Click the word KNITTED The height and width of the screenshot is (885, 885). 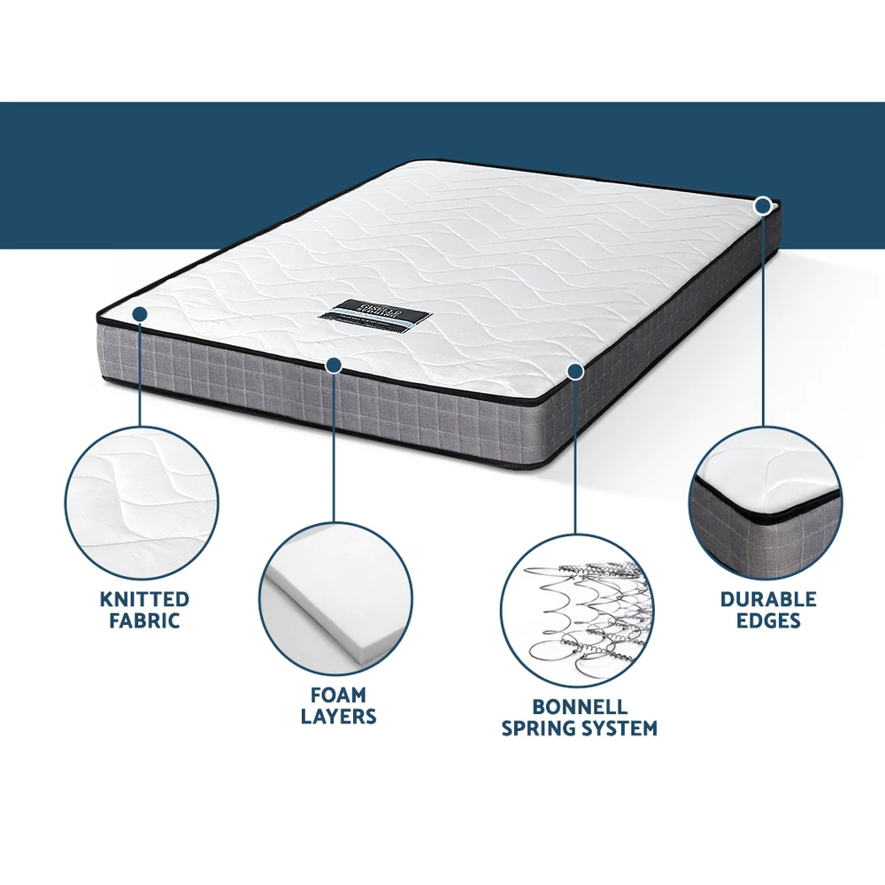(x=144, y=600)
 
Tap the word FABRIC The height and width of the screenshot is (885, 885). (x=144, y=621)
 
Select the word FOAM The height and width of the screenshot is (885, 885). (x=338, y=695)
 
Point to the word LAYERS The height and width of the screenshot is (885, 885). (x=338, y=716)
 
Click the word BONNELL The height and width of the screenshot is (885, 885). (x=580, y=707)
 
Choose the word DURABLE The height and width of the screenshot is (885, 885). (x=767, y=599)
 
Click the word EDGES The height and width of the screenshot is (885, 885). (x=767, y=620)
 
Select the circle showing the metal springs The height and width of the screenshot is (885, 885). (x=577, y=612)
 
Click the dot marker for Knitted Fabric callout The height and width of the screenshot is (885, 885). (x=140, y=313)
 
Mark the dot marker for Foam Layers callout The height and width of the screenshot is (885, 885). (x=334, y=365)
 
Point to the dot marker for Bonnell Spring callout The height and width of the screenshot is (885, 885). (x=575, y=372)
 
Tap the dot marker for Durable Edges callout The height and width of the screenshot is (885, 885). (x=763, y=205)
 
